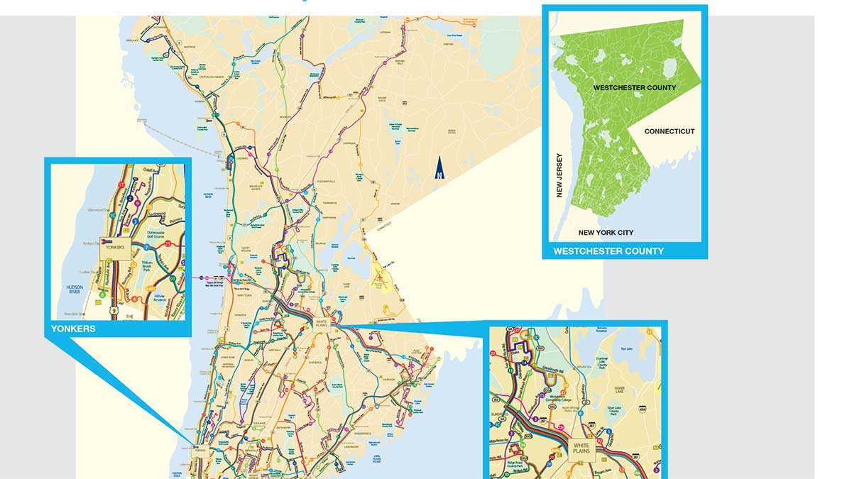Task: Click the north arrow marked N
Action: tap(439, 170)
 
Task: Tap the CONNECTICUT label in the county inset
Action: tap(670, 131)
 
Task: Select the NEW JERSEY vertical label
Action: tap(559, 175)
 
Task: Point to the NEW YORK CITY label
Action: tap(606, 232)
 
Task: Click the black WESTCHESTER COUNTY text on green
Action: tap(635, 87)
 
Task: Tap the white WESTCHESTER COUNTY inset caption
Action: tap(608, 251)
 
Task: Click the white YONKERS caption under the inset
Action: tap(73, 329)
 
